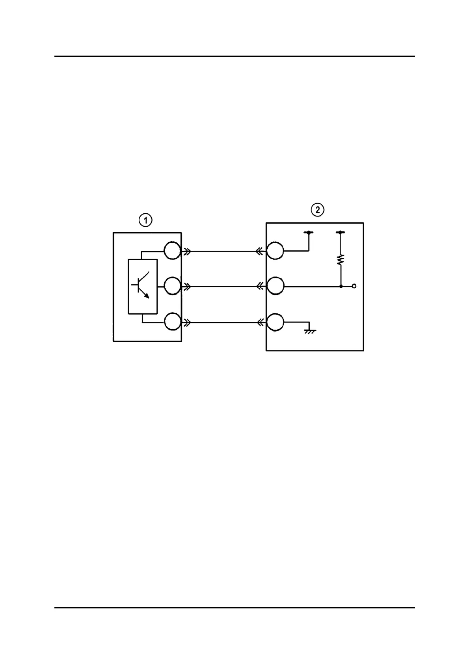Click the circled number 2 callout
tap(318, 210)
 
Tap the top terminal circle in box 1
tap(172, 251)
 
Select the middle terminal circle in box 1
tap(172, 286)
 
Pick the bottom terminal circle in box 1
tap(172, 322)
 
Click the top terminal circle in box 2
tap(275, 251)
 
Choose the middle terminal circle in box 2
tap(275, 286)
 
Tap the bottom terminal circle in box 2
tap(275, 322)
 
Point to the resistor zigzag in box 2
tap(341, 259)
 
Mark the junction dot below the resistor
tap(341, 286)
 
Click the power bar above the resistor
tap(341, 233)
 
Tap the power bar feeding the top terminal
tap(309, 233)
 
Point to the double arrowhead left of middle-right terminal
tap(259, 286)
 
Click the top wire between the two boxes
tap(223, 251)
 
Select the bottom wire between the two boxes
tap(223, 323)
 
